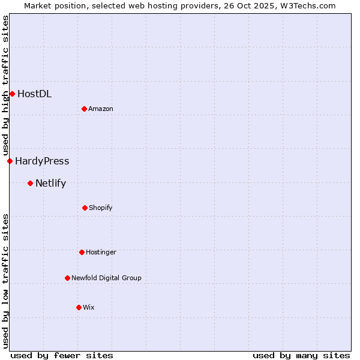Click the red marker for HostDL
pyautogui.click(x=12, y=94)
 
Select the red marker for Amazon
pyautogui.click(x=84, y=109)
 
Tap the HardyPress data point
pyautogui.click(x=10, y=161)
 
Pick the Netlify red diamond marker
pyautogui.click(x=30, y=183)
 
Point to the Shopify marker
pyautogui.click(x=85, y=208)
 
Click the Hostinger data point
pyautogui.click(x=82, y=252)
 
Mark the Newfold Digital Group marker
pyautogui.click(x=67, y=278)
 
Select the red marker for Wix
pyautogui.click(x=79, y=307)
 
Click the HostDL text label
pyautogui.click(x=34, y=94)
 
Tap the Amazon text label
pyautogui.click(x=101, y=109)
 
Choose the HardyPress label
pyautogui.click(x=42, y=161)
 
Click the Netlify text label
pyautogui.click(x=50, y=183)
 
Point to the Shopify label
pyautogui.click(x=101, y=208)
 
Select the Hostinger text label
pyautogui.click(x=101, y=252)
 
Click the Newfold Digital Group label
pyautogui.click(x=106, y=278)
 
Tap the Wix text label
pyautogui.click(x=89, y=307)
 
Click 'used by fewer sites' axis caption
pyautogui.click(x=62, y=355)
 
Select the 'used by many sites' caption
pyautogui.click(x=301, y=355)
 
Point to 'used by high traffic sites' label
pyautogui.click(x=5, y=86)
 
